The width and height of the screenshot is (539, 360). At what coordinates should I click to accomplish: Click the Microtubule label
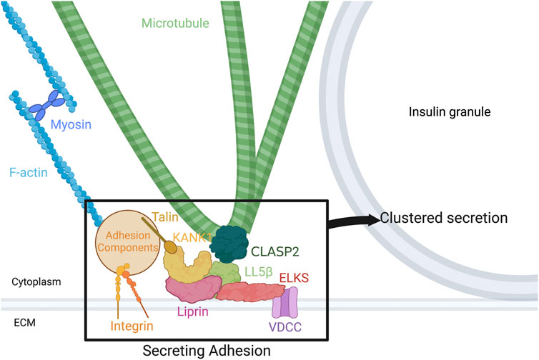coord(176,24)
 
